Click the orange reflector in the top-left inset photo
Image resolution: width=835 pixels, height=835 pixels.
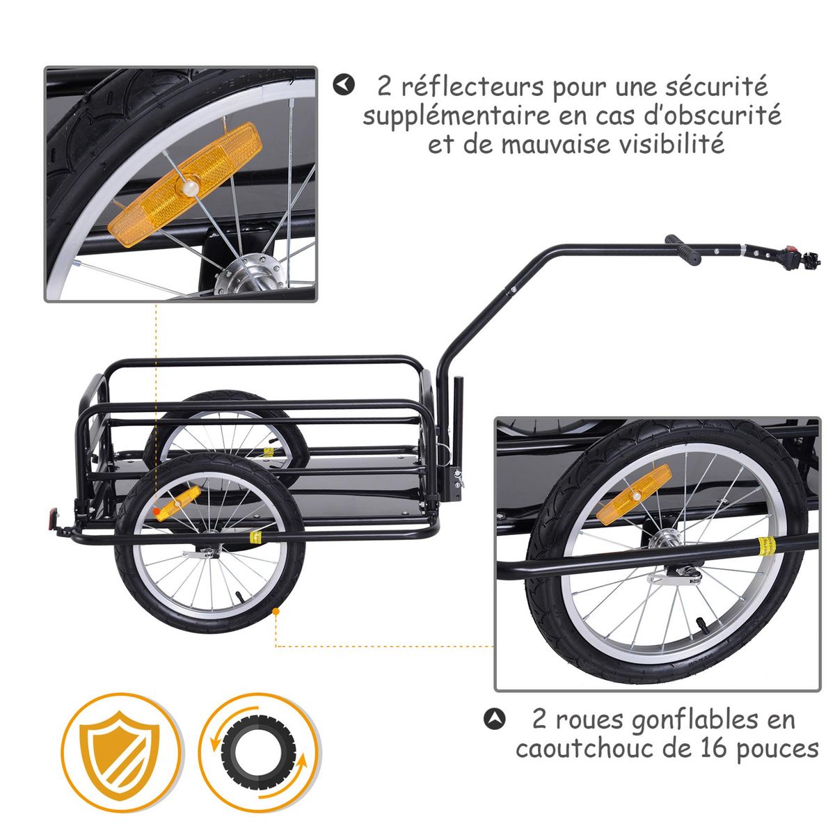click(184, 188)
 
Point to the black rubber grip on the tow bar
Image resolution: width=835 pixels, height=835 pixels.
click(683, 250)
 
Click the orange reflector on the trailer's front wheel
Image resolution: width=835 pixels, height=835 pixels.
click(177, 503)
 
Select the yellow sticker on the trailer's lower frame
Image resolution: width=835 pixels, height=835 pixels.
click(255, 538)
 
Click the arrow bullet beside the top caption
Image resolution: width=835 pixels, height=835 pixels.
click(343, 86)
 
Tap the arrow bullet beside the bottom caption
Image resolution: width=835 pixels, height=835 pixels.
click(493, 718)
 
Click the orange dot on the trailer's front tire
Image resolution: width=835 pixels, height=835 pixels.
click(276, 612)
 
